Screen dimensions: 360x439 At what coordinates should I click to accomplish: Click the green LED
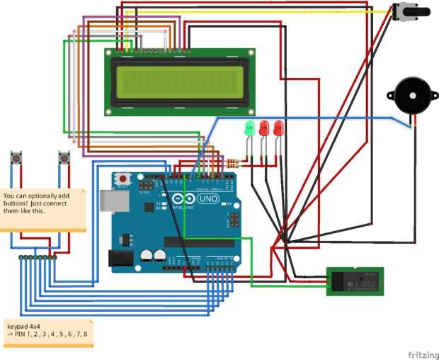249,129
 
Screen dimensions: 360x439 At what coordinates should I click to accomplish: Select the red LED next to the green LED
264,129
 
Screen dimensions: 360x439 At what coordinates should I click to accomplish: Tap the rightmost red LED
278,128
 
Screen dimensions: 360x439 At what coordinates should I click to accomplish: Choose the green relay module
355,281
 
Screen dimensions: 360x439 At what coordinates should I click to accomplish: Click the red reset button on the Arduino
123,179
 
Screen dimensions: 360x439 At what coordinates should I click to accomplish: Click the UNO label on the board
210,199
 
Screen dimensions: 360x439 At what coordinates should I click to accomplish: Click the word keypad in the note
18,327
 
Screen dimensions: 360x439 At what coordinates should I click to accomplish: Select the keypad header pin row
38,257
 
